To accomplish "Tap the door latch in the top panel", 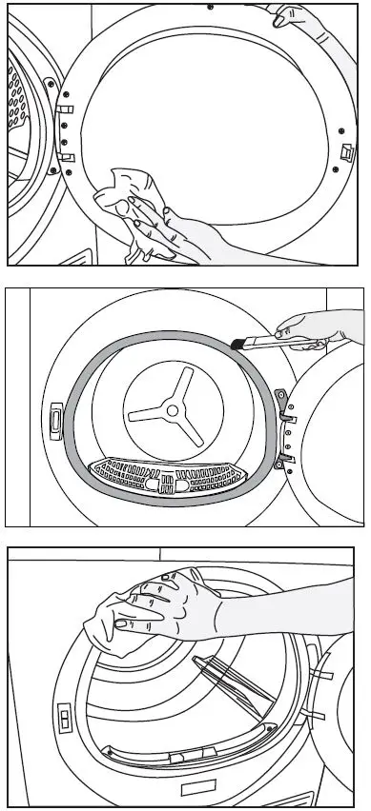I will (x=347, y=150).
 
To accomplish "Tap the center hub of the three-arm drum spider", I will (x=171, y=411).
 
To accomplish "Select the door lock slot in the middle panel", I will (x=54, y=417).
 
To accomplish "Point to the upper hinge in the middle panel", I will (x=283, y=400).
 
